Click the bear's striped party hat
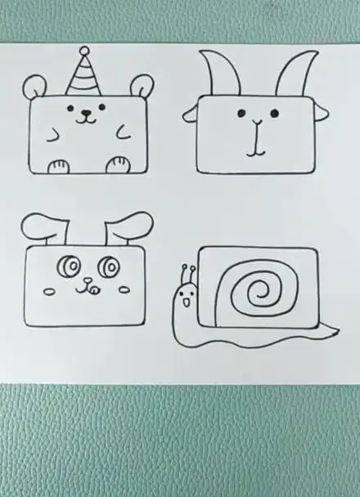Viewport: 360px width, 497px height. point(83,75)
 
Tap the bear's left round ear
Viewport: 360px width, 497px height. point(34,86)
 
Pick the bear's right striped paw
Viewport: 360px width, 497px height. point(119,165)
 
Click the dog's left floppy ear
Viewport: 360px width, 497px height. point(43,230)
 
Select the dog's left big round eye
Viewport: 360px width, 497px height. point(66,266)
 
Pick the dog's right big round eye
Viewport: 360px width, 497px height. point(106,266)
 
